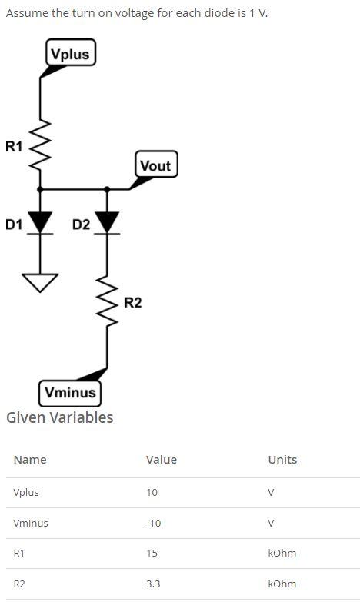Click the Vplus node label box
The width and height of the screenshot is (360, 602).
[70, 53]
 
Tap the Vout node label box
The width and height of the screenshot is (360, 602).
[156, 165]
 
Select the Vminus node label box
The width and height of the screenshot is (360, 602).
[70, 392]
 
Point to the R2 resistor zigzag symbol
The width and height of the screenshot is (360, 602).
[107, 302]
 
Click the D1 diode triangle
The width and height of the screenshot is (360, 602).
[40, 222]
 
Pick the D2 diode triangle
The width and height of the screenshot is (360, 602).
[107, 222]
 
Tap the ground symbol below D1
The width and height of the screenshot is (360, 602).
[40, 282]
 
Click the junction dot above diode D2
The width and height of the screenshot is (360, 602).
[107, 188]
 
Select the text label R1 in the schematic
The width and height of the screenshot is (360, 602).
[14, 146]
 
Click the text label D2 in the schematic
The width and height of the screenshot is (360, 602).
[81, 225]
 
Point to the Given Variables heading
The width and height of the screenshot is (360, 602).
[59, 417]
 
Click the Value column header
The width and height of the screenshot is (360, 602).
[161, 460]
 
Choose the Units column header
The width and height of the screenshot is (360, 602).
[282, 460]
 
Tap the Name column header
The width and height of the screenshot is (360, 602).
[30, 460]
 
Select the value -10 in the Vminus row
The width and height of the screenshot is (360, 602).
[153, 523]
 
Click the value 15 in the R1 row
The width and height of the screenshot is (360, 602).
[152, 553]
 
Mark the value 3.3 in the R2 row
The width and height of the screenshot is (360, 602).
[153, 584]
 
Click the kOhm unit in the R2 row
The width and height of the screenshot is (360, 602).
[282, 584]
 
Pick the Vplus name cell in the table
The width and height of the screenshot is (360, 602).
[26, 492]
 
